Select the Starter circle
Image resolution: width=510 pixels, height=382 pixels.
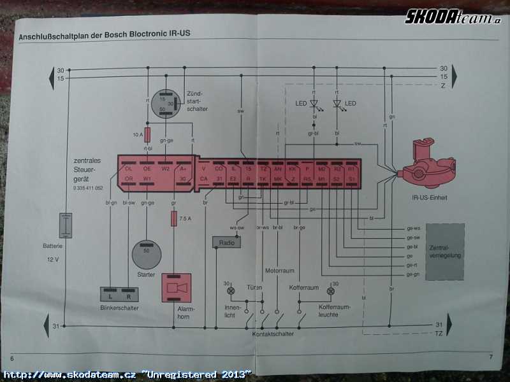(147, 255)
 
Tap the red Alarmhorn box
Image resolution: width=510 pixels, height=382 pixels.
(177, 289)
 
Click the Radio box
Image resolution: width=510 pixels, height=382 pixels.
(226, 243)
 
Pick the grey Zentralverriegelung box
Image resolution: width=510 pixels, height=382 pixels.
(445, 251)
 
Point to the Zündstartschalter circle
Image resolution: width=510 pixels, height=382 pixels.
(166, 104)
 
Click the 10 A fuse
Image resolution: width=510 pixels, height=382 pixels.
(147, 135)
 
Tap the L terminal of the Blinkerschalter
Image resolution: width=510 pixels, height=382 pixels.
(110, 295)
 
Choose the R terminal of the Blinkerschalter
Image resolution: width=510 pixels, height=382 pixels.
(129, 295)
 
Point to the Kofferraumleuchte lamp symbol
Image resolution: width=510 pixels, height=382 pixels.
(330, 292)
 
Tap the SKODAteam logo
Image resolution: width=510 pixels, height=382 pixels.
(453, 17)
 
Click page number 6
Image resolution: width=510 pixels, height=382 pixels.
(12, 357)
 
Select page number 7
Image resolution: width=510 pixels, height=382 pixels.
(491, 357)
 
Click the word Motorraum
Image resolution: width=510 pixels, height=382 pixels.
(280, 271)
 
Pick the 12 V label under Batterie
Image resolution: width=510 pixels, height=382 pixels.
(52, 260)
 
